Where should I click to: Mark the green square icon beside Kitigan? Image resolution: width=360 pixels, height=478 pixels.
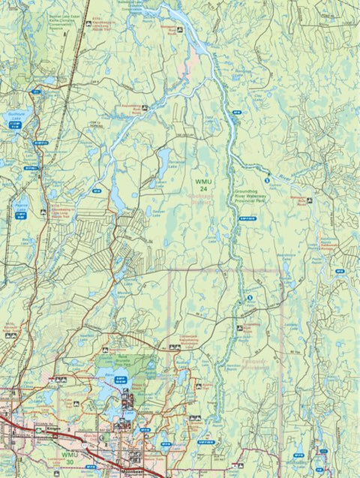click(36, 433)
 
